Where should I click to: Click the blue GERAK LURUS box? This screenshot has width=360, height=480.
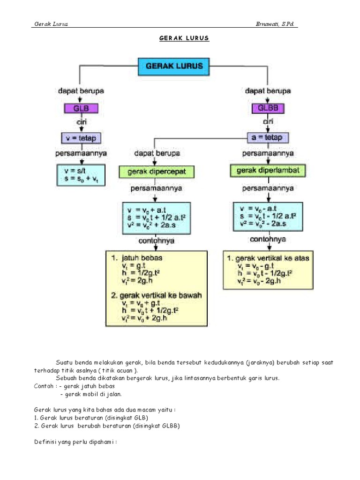coord(174,66)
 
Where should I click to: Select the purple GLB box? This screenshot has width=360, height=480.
coord(81,108)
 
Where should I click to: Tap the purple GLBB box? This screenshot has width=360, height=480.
coord(268,108)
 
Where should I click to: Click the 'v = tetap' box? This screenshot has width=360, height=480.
coord(81,138)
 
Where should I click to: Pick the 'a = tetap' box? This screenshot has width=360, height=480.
coord(268,137)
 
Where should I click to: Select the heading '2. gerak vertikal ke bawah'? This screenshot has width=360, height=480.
coord(156,295)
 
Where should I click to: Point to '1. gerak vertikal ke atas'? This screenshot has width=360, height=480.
coord(268,258)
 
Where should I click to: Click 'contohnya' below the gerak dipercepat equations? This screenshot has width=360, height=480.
coord(156,240)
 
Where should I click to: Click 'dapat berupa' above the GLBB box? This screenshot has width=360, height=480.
coord(268,91)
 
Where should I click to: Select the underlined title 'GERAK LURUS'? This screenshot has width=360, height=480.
coord(180,38)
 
